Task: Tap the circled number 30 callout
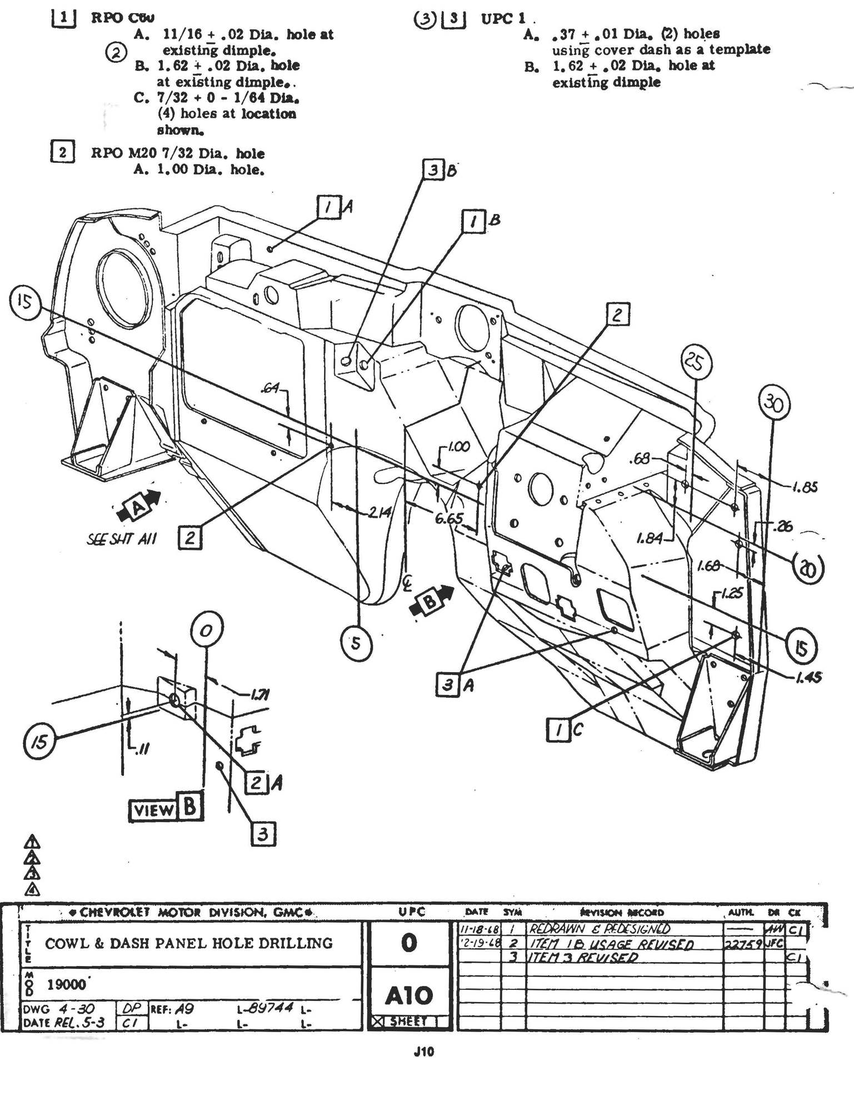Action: click(x=774, y=404)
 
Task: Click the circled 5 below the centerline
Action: click(x=356, y=643)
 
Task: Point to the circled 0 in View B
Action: click(x=207, y=630)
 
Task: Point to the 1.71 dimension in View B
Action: click(x=257, y=694)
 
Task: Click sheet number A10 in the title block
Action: click(x=409, y=995)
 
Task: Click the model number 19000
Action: click(x=67, y=985)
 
